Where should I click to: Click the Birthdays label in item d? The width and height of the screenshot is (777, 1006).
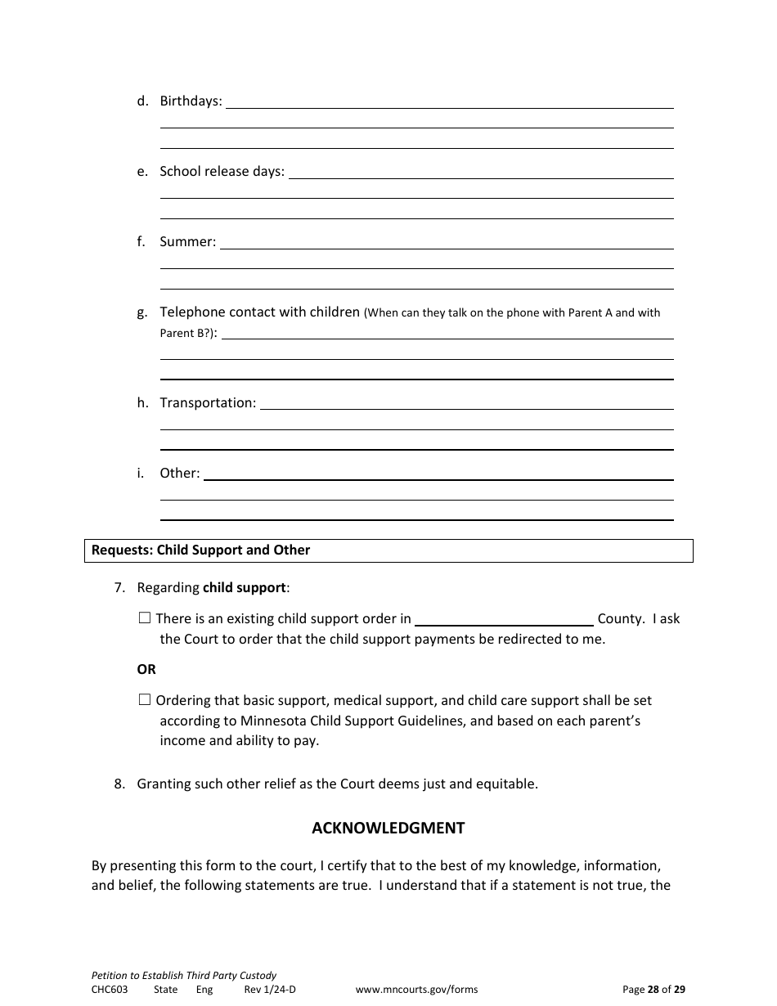tap(191, 101)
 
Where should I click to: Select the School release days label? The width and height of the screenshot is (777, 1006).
tap(222, 172)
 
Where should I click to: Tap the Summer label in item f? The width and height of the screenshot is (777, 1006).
tap(187, 242)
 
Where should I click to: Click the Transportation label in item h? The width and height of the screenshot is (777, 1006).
tap(208, 403)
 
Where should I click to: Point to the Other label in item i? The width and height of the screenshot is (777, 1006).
tap(179, 474)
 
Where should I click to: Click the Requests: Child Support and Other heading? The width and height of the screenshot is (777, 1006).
tap(200, 550)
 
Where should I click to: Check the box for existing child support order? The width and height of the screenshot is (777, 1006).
tap(145, 619)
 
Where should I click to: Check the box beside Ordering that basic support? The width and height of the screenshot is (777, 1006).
tap(145, 700)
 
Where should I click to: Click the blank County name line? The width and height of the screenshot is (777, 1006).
tap(504, 620)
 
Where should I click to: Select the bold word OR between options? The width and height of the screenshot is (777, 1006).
tap(146, 670)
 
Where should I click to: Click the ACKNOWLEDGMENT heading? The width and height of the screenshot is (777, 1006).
tap(388, 829)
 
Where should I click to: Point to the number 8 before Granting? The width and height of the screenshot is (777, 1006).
tap(119, 784)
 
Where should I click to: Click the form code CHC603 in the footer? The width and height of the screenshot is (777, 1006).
tap(110, 990)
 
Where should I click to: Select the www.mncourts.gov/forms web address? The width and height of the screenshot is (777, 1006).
tap(416, 990)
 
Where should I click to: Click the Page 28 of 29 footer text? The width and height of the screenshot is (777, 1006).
tap(653, 990)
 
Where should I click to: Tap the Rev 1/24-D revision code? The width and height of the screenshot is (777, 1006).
tap(270, 990)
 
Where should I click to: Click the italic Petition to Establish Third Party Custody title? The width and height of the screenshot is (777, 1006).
tap(184, 976)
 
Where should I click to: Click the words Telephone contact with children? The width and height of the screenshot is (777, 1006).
tap(259, 312)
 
